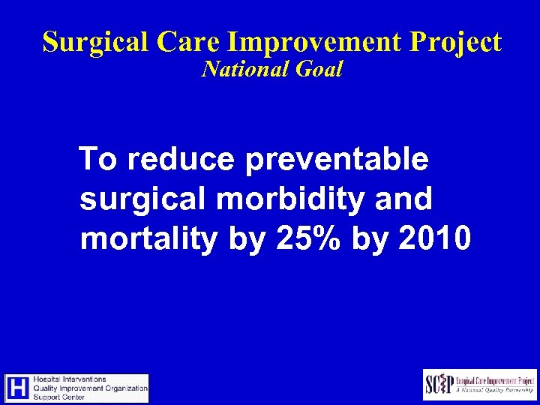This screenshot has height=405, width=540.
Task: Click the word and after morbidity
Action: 405,199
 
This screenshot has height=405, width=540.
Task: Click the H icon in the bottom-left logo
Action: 19,388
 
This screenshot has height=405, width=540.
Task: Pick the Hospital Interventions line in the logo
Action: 70,379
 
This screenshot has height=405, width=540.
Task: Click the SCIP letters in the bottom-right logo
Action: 440,385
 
